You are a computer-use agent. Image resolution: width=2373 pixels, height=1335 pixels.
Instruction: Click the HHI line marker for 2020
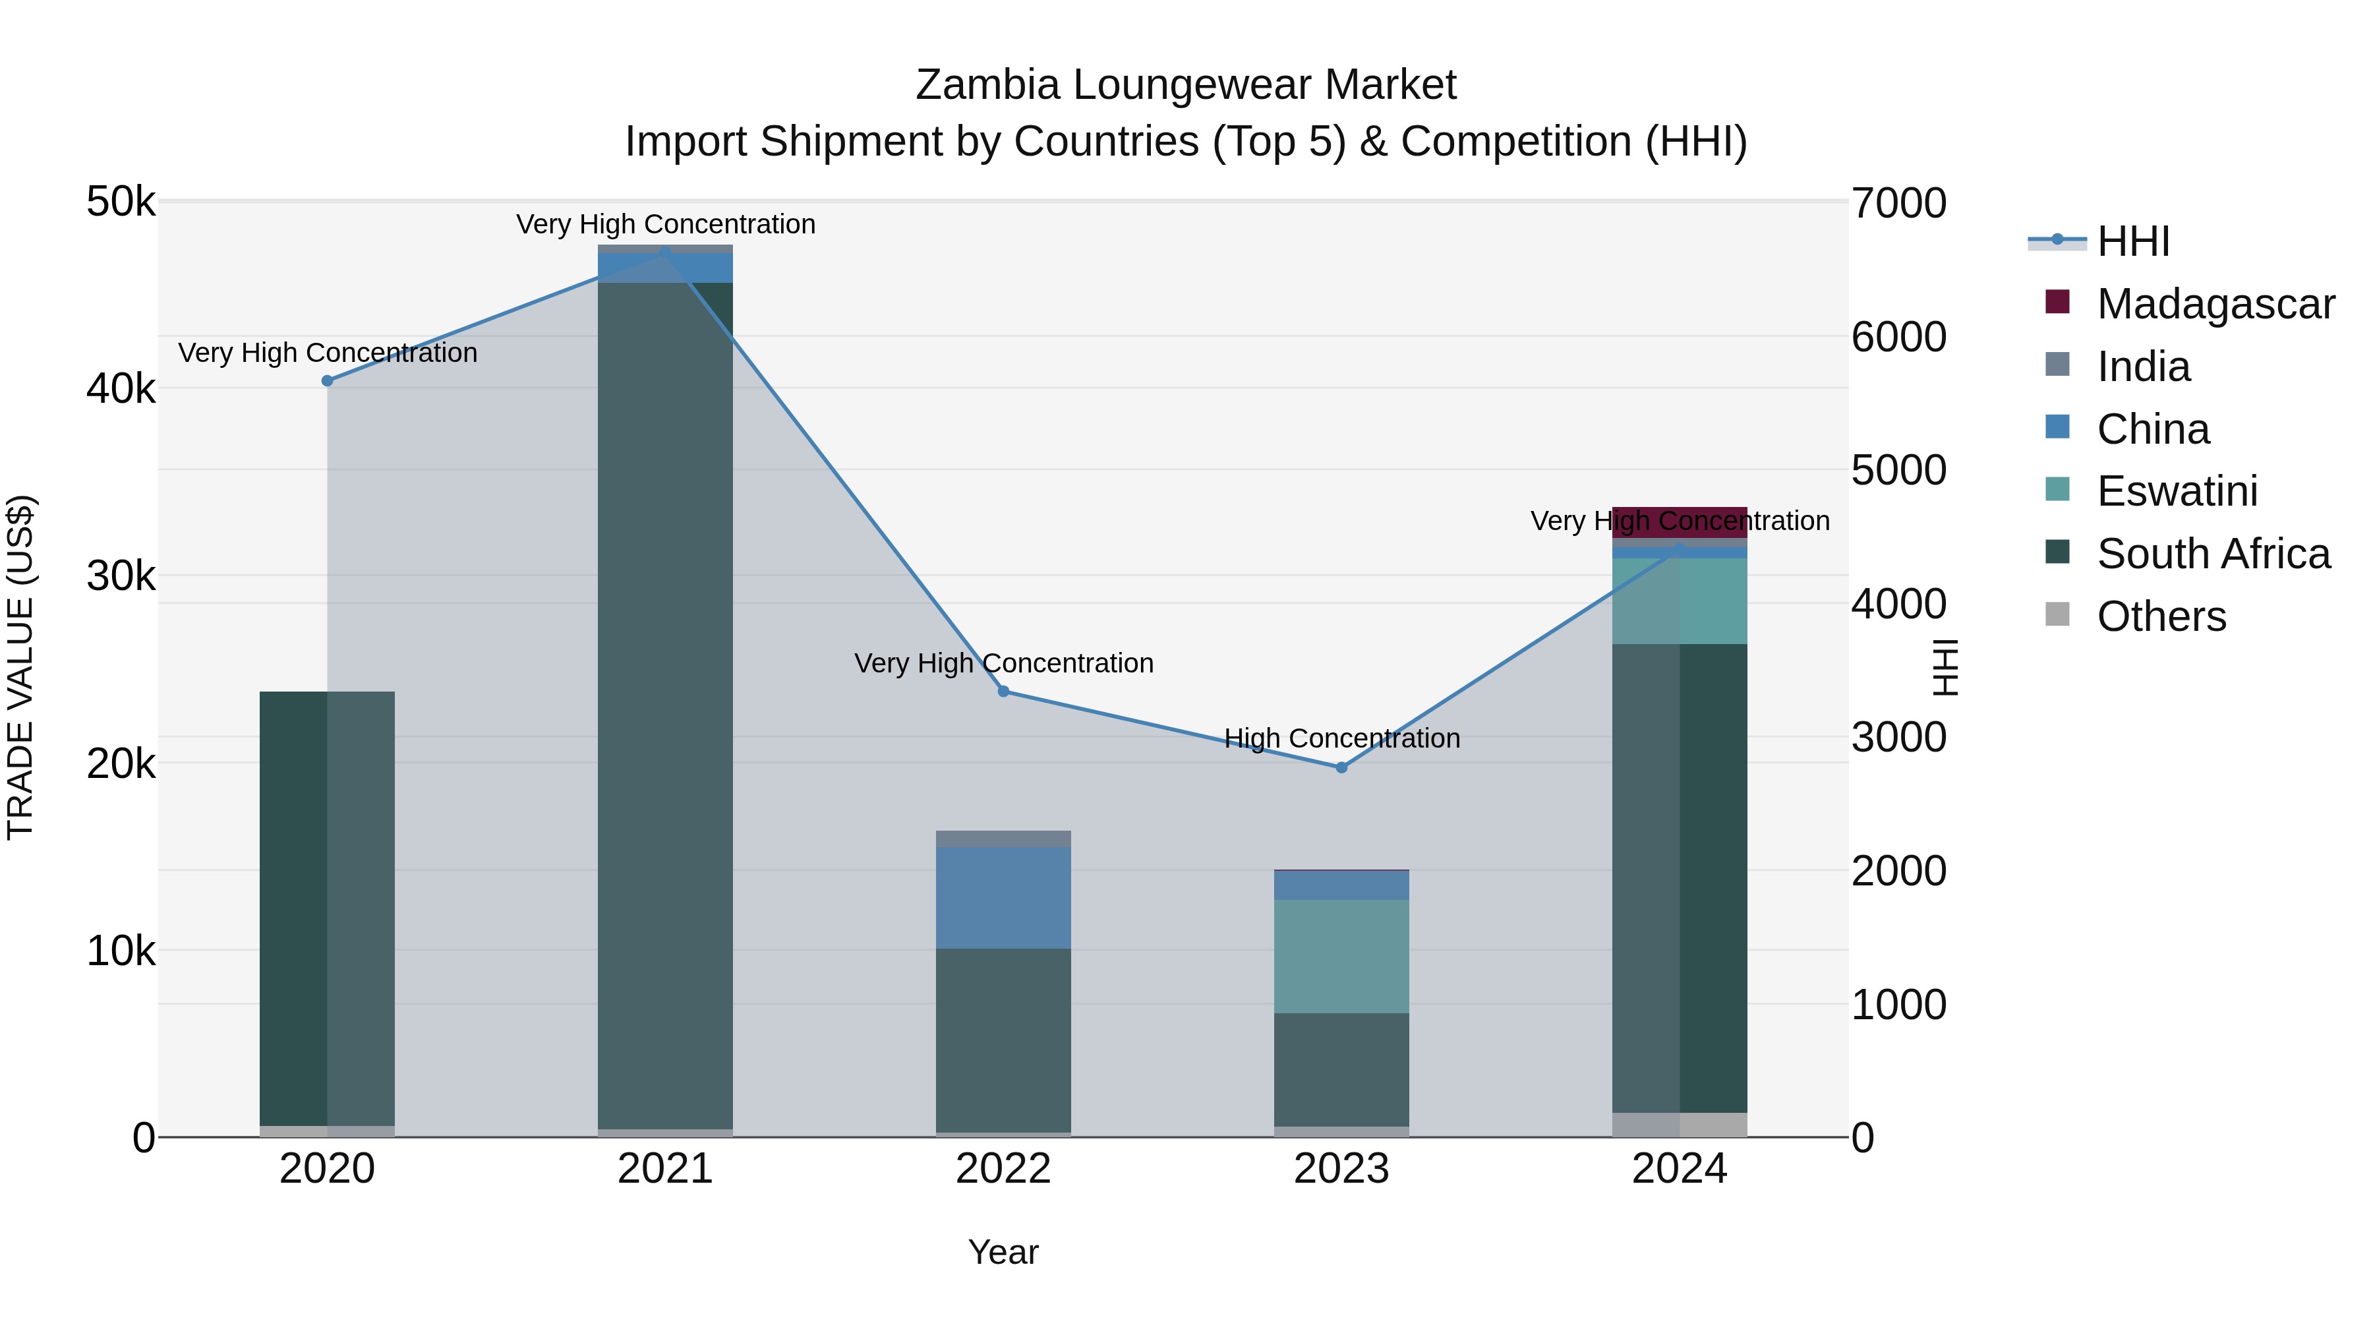click(x=327, y=380)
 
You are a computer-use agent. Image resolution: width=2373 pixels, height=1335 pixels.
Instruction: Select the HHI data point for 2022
click(x=1003, y=691)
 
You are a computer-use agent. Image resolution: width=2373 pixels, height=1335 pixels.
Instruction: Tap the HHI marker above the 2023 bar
click(x=1341, y=767)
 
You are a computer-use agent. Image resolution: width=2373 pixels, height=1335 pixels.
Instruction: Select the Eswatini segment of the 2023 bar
click(x=1341, y=957)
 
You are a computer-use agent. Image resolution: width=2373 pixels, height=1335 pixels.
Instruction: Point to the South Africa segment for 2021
click(x=665, y=705)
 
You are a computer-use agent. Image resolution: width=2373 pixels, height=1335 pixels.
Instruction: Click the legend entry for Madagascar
click(x=2215, y=304)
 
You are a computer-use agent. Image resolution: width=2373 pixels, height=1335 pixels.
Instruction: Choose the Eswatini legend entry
click(x=2176, y=491)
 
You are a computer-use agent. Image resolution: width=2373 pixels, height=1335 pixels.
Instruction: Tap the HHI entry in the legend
click(x=2132, y=241)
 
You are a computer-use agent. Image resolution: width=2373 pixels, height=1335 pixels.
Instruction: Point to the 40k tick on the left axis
click(x=121, y=389)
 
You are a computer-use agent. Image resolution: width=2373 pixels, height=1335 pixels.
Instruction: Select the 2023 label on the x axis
click(x=1341, y=1169)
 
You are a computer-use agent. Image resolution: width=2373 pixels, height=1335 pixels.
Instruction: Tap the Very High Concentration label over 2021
click(x=665, y=224)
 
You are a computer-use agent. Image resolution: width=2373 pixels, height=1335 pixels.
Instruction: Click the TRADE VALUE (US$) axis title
click(x=20, y=667)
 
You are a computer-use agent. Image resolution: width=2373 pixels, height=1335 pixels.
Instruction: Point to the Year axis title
click(x=1003, y=1252)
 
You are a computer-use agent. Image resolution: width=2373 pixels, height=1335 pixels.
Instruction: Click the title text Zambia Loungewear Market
click(x=1186, y=85)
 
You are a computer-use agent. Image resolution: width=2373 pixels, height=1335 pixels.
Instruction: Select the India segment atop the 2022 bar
click(x=1003, y=839)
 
